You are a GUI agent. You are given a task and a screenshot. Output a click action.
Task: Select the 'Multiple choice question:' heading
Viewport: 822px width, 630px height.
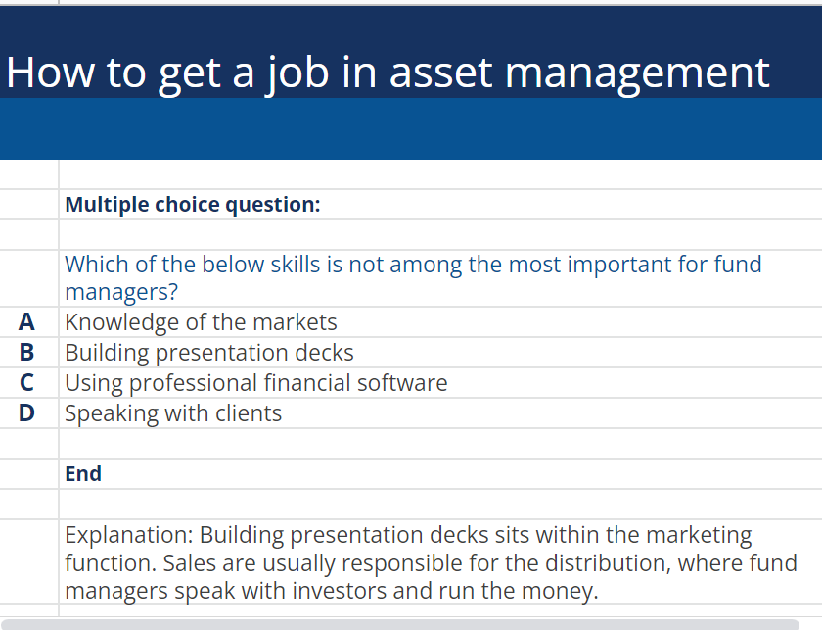pos(193,205)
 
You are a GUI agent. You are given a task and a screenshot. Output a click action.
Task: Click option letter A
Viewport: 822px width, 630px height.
pos(26,322)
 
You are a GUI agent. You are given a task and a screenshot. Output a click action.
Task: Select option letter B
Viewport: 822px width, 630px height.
pos(26,353)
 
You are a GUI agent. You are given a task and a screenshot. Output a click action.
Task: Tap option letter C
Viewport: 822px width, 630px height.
pos(26,383)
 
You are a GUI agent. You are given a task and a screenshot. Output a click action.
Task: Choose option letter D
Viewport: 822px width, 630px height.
pos(26,413)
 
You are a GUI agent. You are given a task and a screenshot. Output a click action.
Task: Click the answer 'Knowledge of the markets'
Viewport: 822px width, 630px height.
pos(201,322)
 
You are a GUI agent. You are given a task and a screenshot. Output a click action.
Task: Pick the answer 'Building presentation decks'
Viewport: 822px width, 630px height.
pos(209,353)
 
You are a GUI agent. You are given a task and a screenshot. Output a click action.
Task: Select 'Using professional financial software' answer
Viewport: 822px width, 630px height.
pos(256,383)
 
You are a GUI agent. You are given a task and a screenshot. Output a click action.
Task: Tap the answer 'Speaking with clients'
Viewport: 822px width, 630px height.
pos(173,413)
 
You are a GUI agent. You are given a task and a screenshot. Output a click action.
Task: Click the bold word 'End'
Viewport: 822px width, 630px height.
pos(83,474)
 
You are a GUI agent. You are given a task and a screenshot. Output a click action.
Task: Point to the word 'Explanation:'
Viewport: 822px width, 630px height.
pos(128,536)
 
